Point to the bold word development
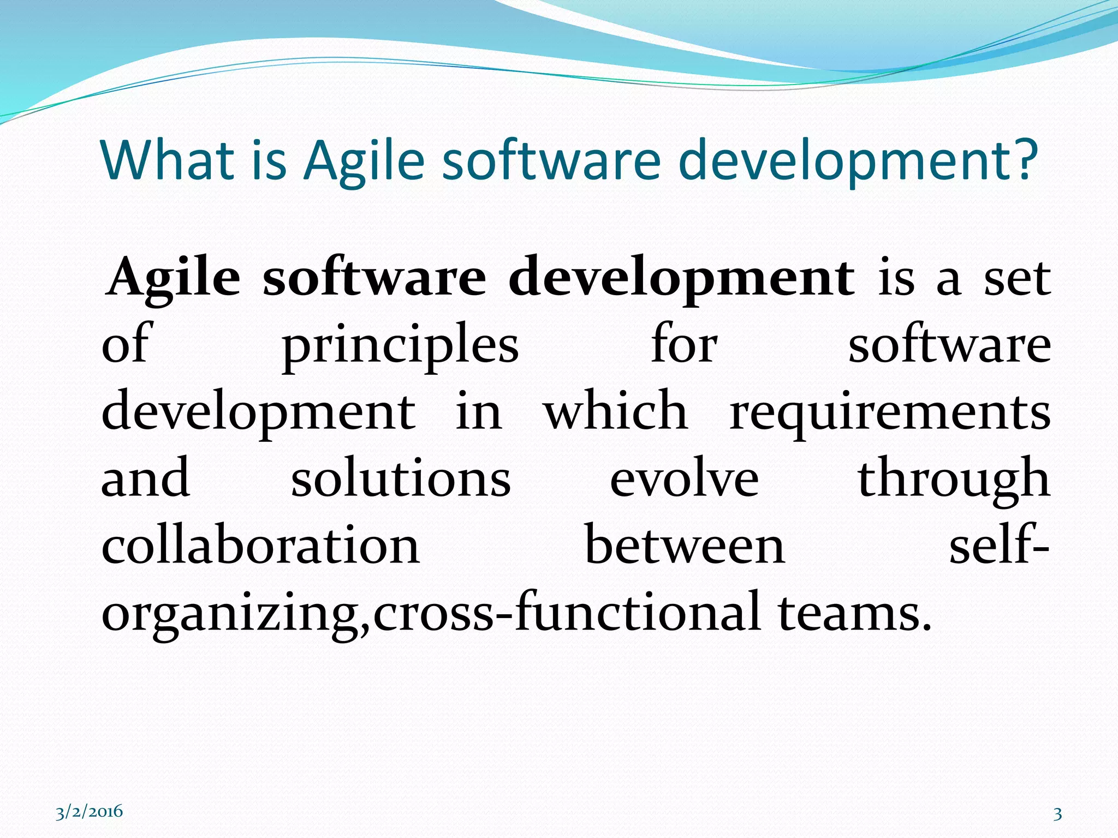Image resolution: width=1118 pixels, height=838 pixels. (681, 278)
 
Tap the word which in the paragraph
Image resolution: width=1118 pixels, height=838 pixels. (615, 412)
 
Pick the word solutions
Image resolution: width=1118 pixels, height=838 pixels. (401, 479)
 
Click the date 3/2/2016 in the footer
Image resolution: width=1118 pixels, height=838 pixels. (89, 812)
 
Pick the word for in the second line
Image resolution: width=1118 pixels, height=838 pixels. (684, 345)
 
